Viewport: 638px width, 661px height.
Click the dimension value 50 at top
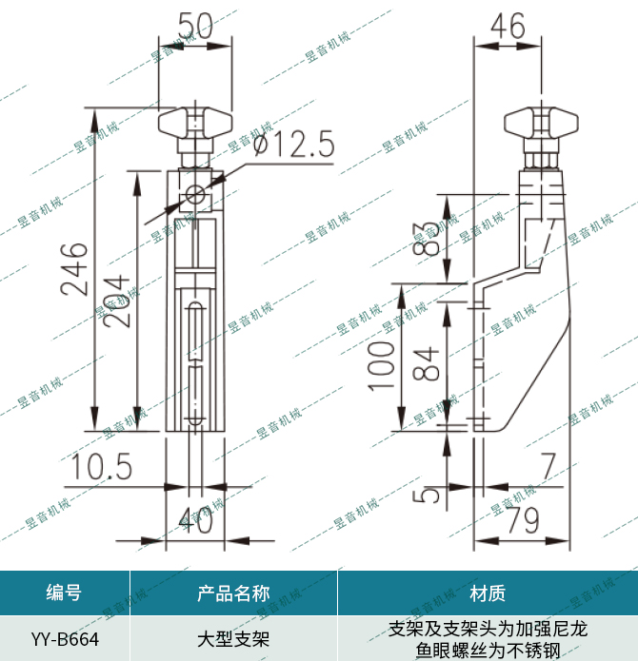pos(195,23)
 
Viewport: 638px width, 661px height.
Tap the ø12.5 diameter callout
pos(294,146)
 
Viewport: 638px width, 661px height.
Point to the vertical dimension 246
pos(75,269)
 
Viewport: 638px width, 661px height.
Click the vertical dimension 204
pos(115,300)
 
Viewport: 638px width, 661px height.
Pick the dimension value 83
pos(429,239)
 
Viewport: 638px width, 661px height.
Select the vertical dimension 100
pos(381,363)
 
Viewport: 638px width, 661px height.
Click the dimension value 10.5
pos(100,467)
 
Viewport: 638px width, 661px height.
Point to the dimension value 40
pos(195,518)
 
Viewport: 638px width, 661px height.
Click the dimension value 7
pos(547,467)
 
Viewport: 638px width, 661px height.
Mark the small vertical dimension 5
pos(428,495)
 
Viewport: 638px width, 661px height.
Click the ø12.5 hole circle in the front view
pos(196,195)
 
